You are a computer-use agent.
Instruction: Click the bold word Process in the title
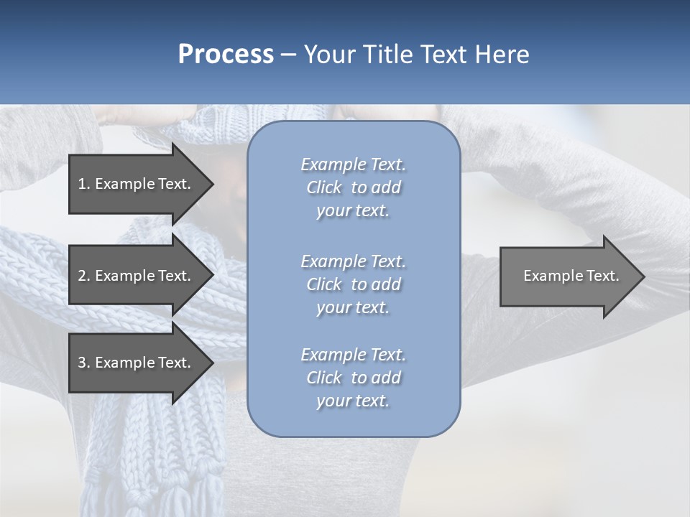pos(226,55)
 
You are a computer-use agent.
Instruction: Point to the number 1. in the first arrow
pos(84,184)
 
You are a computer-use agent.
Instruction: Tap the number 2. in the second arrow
pos(84,276)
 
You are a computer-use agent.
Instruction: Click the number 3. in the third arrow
pos(84,363)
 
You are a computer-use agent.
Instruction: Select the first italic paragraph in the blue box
pos(353,187)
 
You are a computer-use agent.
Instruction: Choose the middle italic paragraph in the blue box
pos(353,284)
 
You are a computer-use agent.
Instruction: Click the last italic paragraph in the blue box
pos(353,378)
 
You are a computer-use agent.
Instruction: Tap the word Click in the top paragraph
pos(324,188)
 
